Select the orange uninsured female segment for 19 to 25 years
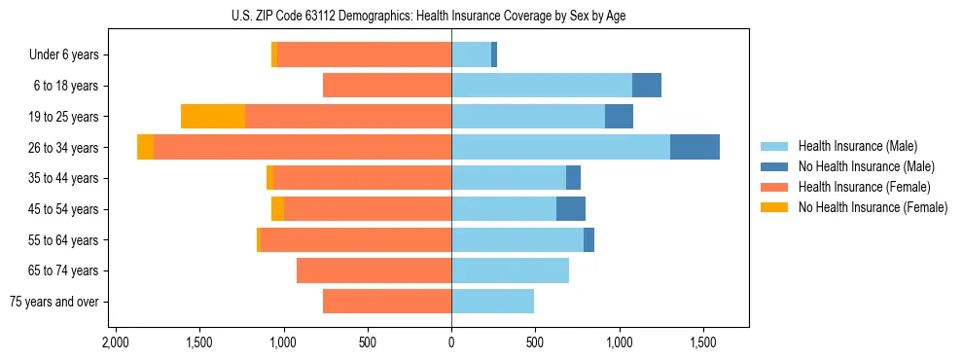pyautogui.click(x=213, y=116)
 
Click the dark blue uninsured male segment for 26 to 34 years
pyautogui.click(x=695, y=147)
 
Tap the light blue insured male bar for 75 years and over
pyautogui.click(x=492, y=302)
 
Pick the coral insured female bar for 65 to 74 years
pyautogui.click(x=374, y=270)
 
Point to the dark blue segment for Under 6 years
pyautogui.click(x=494, y=54)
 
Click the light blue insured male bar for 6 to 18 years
pyautogui.click(x=542, y=86)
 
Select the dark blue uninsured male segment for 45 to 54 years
pyautogui.click(x=571, y=208)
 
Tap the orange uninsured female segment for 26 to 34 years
pyautogui.click(x=145, y=147)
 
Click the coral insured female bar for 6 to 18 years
pyautogui.click(x=387, y=86)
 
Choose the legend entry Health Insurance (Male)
pyautogui.click(x=857, y=146)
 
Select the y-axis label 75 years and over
pyautogui.click(x=54, y=302)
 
